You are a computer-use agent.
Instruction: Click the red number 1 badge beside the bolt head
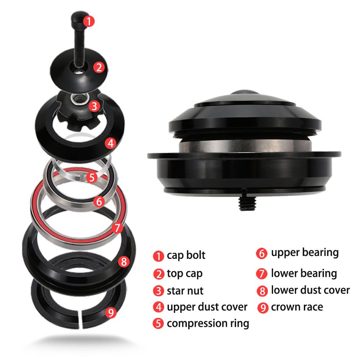point(89,21)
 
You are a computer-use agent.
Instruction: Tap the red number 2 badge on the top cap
point(99,68)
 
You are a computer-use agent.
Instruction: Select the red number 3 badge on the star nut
point(94,106)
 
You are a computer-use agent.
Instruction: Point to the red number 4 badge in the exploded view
point(111,143)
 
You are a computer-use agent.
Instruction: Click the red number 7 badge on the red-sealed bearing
point(117,228)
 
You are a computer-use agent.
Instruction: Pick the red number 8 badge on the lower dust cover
point(124,261)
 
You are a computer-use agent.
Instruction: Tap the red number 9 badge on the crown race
point(111,312)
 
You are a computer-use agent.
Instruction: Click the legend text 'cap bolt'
point(186,255)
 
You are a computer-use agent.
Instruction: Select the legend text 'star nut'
point(185,291)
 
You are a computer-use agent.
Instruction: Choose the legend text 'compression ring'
point(208,324)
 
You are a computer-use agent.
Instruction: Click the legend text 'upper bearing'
point(305,253)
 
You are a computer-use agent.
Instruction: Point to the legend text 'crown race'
point(297,307)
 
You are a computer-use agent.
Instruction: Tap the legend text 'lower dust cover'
point(310,290)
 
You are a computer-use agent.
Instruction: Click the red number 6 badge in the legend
point(262,253)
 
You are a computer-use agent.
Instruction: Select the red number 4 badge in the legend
point(158,307)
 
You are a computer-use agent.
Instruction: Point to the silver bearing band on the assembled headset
point(245,146)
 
